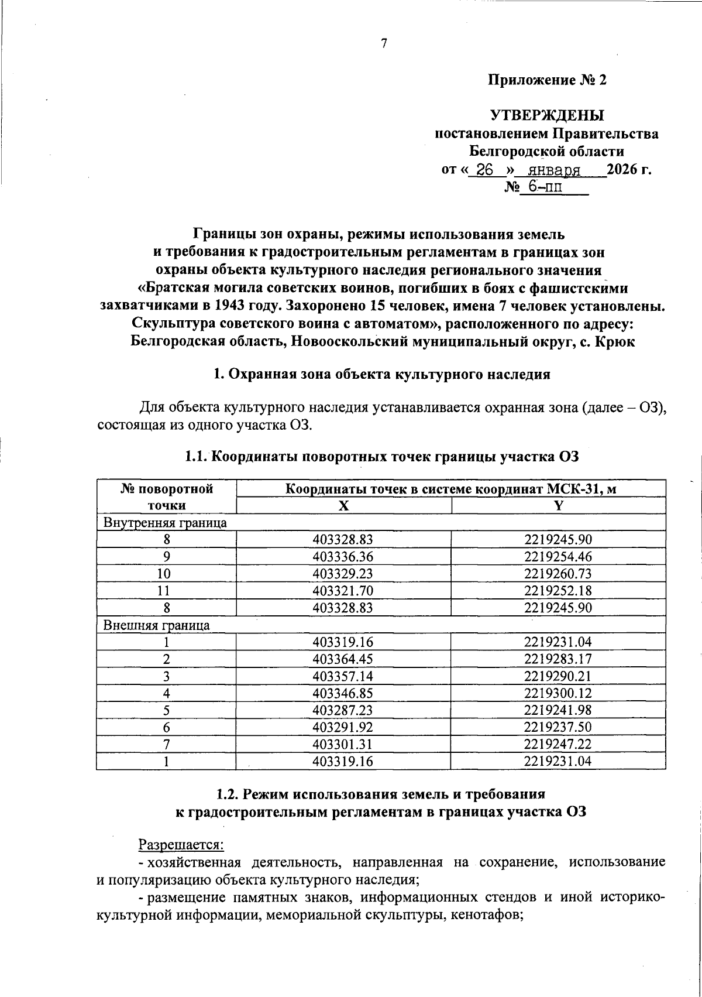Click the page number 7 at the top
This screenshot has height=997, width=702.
384,43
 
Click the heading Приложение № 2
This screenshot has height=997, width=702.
548,80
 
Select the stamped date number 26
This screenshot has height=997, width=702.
486,170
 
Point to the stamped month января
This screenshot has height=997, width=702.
553,170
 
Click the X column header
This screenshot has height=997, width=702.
343,506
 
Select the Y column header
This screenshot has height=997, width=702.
558,506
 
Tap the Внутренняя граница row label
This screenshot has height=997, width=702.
165,523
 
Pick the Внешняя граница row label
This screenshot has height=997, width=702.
157,625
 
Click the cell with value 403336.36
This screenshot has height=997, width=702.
343,557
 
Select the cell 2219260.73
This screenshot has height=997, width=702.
558,574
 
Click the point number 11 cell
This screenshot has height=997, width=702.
166,591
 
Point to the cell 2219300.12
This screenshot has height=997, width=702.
558,693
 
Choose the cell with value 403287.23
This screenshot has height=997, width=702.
343,710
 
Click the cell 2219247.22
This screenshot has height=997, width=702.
558,744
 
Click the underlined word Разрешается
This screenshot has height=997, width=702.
181,844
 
